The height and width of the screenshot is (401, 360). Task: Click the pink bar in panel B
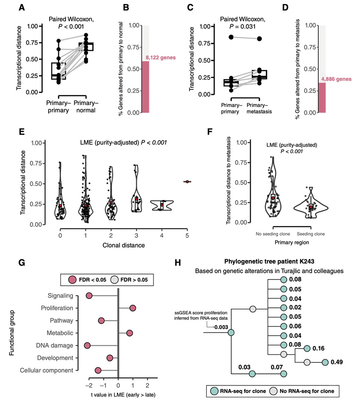(x=145, y=87)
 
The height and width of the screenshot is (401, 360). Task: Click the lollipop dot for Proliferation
(x=133, y=308)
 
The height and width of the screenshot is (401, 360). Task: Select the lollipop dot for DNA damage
(x=87, y=345)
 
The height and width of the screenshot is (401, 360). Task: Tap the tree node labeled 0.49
(x=325, y=362)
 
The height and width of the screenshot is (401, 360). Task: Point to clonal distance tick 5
(x=187, y=235)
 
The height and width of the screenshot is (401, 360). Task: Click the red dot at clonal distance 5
(x=187, y=181)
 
